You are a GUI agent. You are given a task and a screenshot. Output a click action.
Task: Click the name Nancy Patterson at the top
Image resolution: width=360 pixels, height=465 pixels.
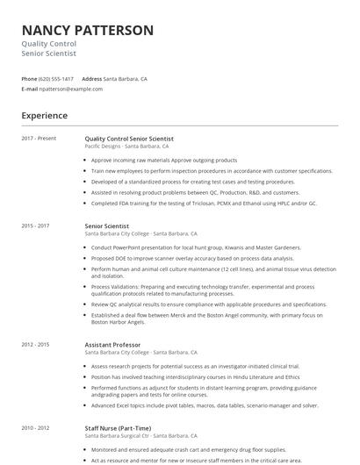click(x=88, y=31)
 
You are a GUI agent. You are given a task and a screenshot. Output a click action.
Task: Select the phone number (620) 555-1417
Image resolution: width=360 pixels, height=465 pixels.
click(x=57, y=78)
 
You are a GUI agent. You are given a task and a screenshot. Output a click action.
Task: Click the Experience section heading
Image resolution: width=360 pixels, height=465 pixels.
click(x=44, y=116)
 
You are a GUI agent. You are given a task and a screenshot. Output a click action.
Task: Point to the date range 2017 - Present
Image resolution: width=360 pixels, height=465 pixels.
click(x=39, y=139)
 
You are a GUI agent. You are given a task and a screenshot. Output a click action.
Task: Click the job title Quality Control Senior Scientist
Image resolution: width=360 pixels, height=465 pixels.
click(x=129, y=139)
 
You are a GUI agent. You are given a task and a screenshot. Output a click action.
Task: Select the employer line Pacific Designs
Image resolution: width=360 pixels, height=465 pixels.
click(x=126, y=147)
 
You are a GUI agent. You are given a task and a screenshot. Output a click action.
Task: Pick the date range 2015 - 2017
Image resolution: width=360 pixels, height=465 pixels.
click(x=36, y=226)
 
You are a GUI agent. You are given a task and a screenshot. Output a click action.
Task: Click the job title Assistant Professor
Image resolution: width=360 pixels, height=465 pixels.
click(x=112, y=345)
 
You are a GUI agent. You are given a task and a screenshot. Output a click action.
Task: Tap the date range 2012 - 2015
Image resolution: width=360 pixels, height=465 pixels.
click(x=36, y=345)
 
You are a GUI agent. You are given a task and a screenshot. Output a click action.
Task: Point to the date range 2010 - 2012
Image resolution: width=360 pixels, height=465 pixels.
click(x=36, y=429)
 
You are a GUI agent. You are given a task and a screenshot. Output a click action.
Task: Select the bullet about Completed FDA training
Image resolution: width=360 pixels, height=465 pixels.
click(x=204, y=203)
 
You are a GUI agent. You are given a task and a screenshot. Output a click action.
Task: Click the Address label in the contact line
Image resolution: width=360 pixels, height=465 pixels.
click(x=92, y=78)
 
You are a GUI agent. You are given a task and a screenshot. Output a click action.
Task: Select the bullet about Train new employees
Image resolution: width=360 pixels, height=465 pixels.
click(x=212, y=171)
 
